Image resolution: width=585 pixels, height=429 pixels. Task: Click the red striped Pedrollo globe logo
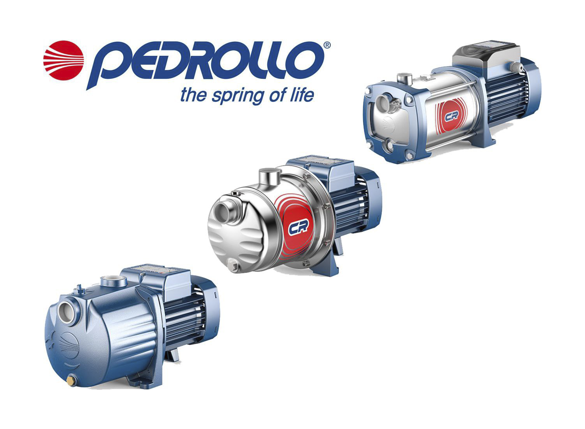(x=64, y=60)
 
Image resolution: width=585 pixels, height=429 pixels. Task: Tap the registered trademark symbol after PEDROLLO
(x=327, y=45)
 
